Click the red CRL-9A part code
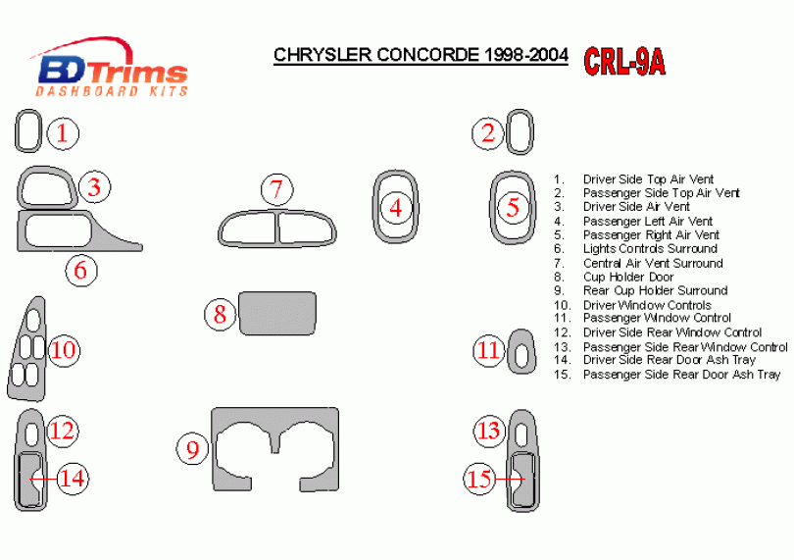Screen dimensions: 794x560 (x=623, y=62)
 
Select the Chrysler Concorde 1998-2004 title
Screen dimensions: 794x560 (x=421, y=55)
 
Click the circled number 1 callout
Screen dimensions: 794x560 (x=63, y=133)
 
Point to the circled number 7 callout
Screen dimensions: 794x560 (x=276, y=189)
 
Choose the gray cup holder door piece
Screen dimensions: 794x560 (x=277, y=313)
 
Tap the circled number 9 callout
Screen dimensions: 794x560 (x=192, y=449)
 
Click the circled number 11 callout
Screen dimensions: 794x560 (x=489, y=350)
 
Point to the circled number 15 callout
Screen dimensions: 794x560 (x=479, y=479)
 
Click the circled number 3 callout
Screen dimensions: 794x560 (x=94, y=187)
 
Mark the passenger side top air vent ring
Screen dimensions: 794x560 (x=508, y=131)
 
